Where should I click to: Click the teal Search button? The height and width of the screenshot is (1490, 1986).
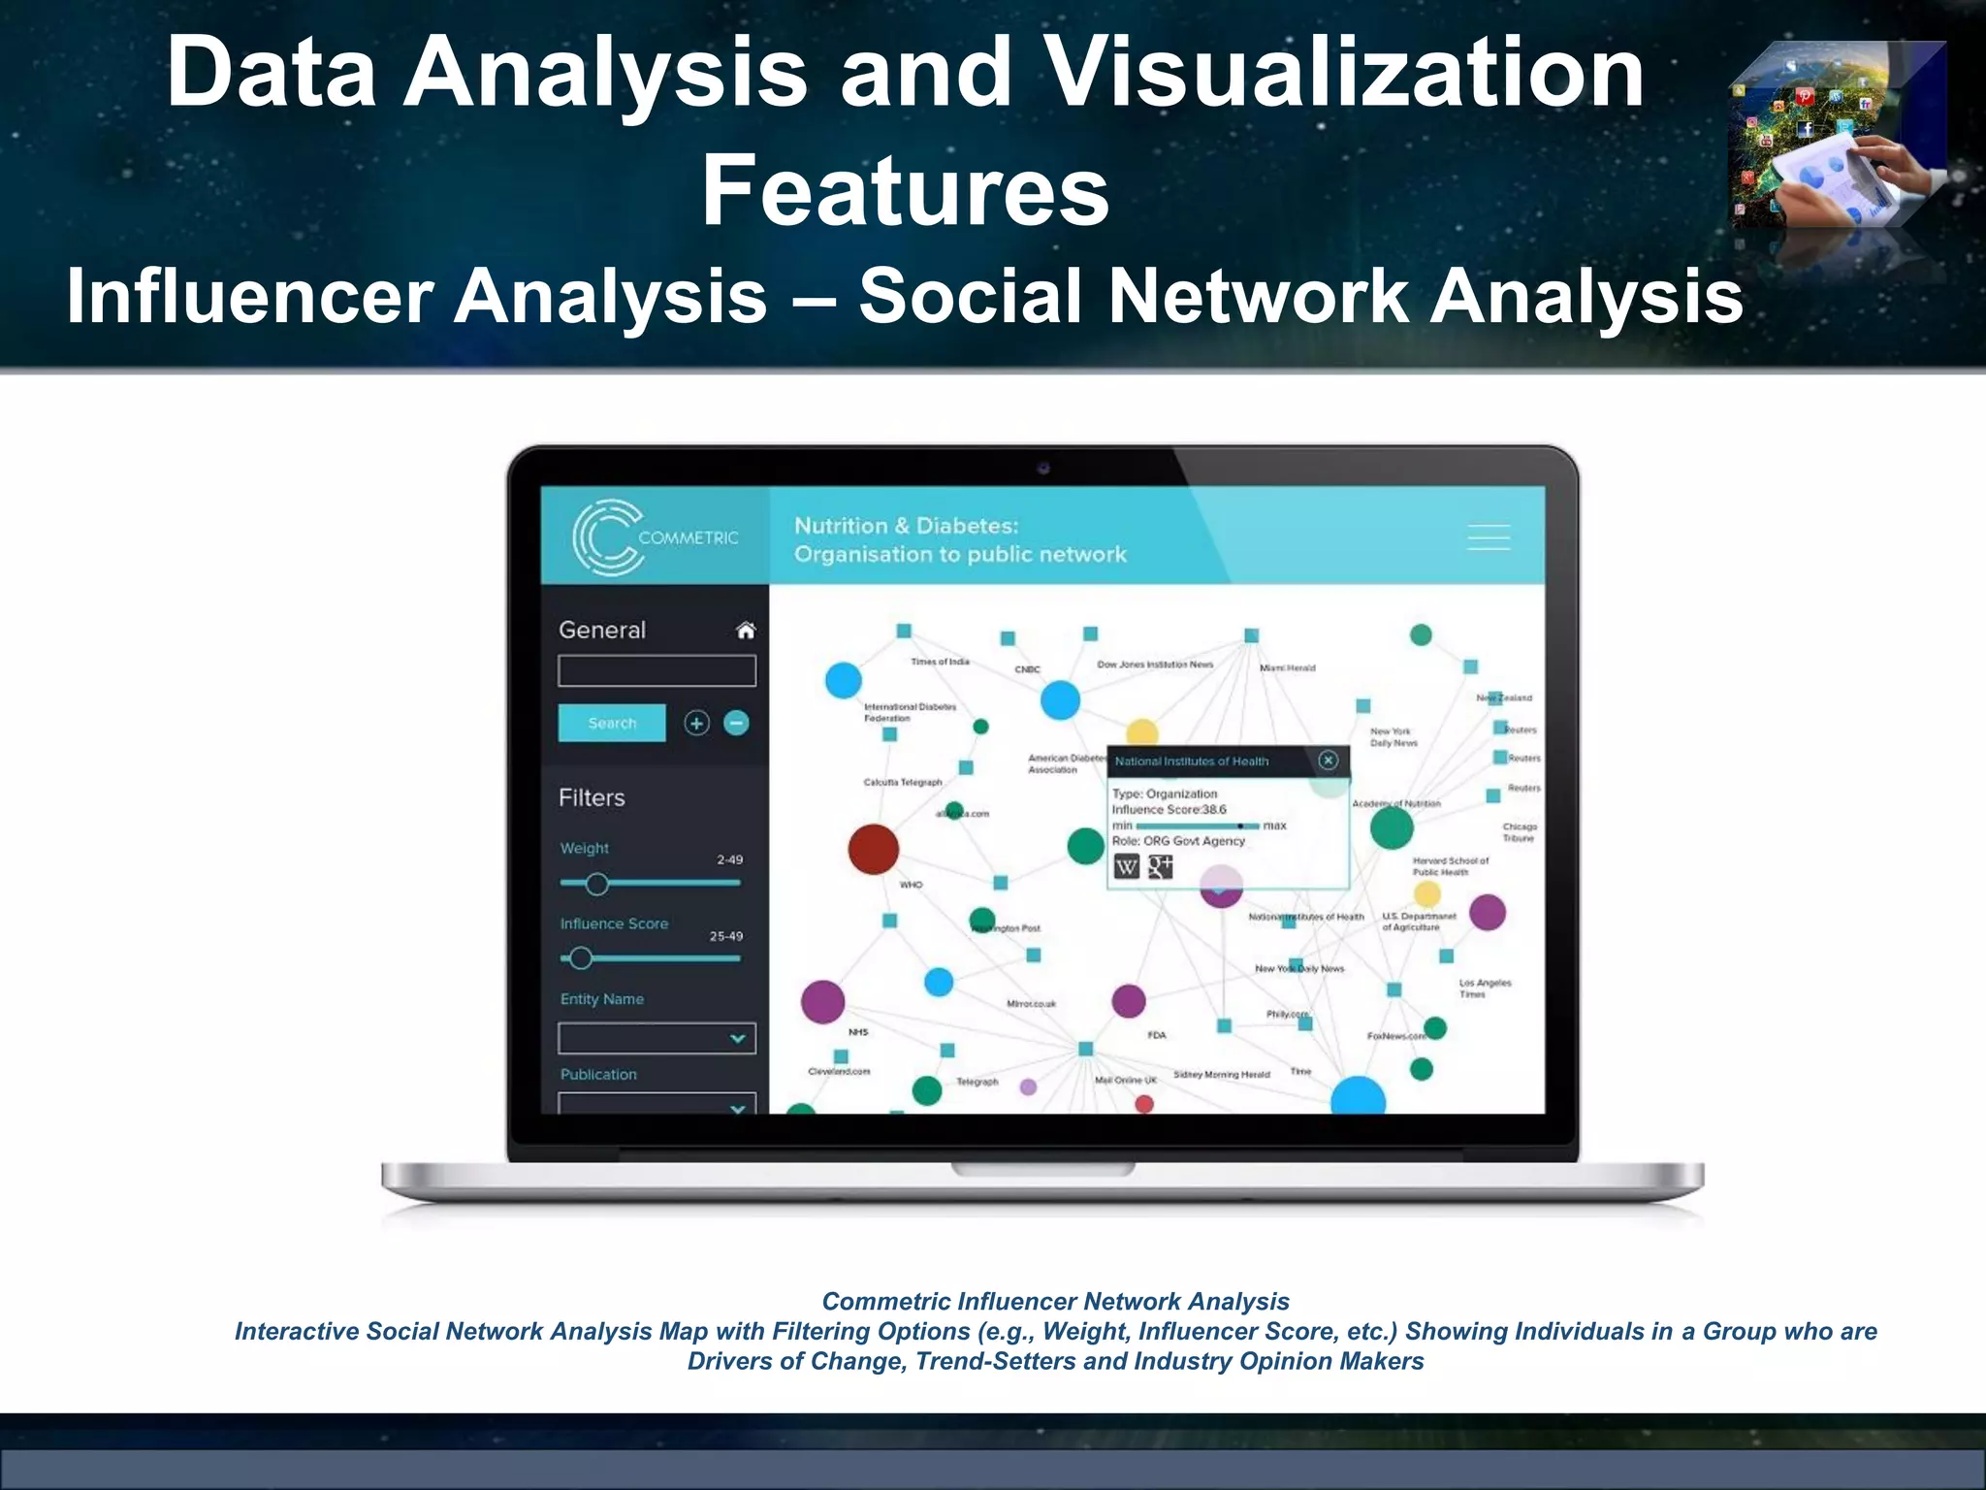point(612,723)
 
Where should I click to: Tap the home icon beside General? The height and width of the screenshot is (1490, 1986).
point(745,631)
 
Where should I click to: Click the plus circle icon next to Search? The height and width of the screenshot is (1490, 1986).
point(696,723)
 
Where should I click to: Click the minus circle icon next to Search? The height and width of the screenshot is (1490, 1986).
point(737,723)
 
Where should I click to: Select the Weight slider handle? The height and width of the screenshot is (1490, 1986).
point(597,884)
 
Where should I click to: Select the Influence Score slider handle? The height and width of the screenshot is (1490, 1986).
point(581,958)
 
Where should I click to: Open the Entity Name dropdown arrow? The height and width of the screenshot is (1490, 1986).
point(737,1039)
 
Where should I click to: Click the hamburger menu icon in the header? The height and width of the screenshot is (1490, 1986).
point(1488,537)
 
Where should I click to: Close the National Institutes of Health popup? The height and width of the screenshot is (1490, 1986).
point(1329,761)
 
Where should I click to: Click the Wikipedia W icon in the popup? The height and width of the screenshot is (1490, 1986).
point(1126,867)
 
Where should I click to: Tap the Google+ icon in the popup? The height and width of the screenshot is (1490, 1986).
point(1160,866)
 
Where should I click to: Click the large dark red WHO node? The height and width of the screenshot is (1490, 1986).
point(873,849)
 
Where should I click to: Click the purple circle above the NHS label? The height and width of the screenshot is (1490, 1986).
point(822,1001)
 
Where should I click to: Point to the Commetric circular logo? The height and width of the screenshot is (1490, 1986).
point(606,537)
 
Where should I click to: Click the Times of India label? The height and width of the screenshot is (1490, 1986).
point(939,662)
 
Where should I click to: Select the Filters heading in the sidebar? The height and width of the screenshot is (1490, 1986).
point(592,797)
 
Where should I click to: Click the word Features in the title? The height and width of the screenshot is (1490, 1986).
point(905,191)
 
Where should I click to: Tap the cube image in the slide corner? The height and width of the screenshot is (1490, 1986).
point(1839,136)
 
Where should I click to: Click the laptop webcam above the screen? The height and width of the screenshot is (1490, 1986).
point(1043,469)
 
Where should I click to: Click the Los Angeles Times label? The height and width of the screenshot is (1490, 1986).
point(1484,988)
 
